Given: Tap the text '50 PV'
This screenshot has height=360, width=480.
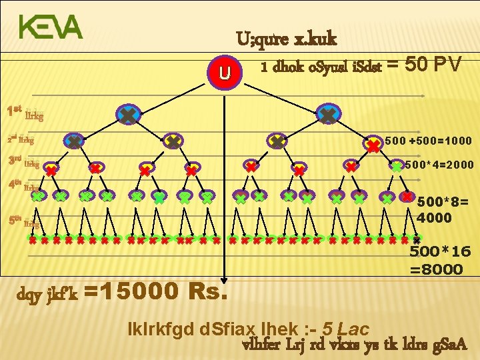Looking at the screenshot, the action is point(434,65).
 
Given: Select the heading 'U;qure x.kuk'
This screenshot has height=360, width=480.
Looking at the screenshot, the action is point(286,39).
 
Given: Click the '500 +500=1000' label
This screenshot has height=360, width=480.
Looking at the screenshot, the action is point(429,141).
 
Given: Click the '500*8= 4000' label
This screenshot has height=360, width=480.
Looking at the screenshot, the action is point(435,209).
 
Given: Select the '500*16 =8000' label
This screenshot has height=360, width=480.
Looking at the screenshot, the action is point(436,261).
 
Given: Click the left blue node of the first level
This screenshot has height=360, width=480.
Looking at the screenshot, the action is point(126,116).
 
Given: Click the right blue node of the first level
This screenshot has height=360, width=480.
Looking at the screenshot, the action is point(327,115).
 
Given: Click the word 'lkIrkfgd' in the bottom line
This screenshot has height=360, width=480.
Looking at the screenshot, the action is point(156,329).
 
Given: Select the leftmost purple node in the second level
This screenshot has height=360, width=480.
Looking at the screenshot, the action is point(74,141).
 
